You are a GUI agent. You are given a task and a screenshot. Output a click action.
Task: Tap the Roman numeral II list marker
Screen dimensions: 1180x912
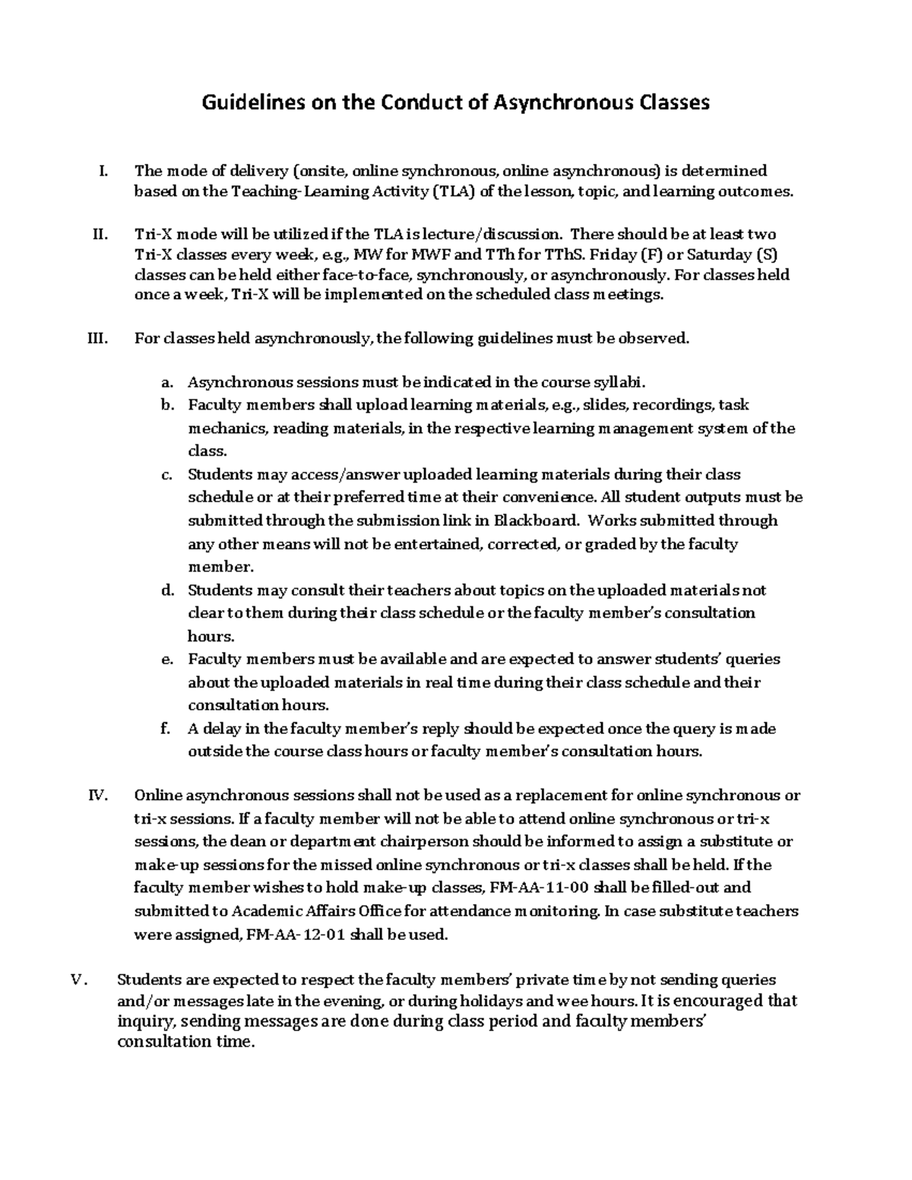[x=100, y=234]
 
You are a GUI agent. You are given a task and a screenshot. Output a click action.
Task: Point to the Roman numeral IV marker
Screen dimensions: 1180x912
[x=99, y=796]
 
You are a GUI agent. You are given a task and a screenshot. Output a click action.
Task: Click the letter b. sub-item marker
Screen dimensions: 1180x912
[x=168, y=405]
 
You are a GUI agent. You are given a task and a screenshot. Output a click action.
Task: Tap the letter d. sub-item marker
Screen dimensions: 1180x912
[x=168, y=590]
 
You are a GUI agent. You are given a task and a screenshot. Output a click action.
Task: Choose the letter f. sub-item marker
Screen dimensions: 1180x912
[x=166, y=729]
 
